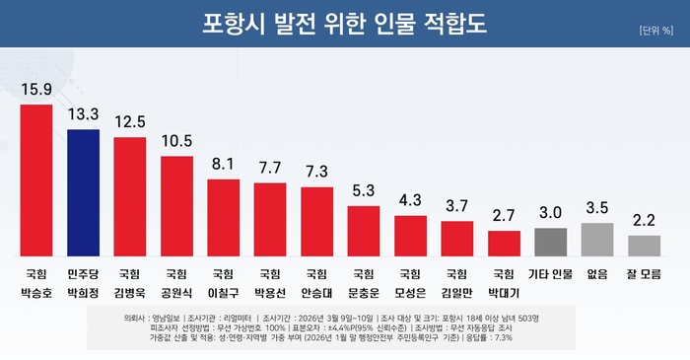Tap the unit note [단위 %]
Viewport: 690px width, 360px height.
pyautogui.click(x=655, y=31)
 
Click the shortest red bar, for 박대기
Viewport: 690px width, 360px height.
pyautogui.click(x=504, y=243)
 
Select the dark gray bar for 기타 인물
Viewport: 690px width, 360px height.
pyautogui.click(x=550, y=242)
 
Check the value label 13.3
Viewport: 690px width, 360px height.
pyautogui.click(x=83, y=116)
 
